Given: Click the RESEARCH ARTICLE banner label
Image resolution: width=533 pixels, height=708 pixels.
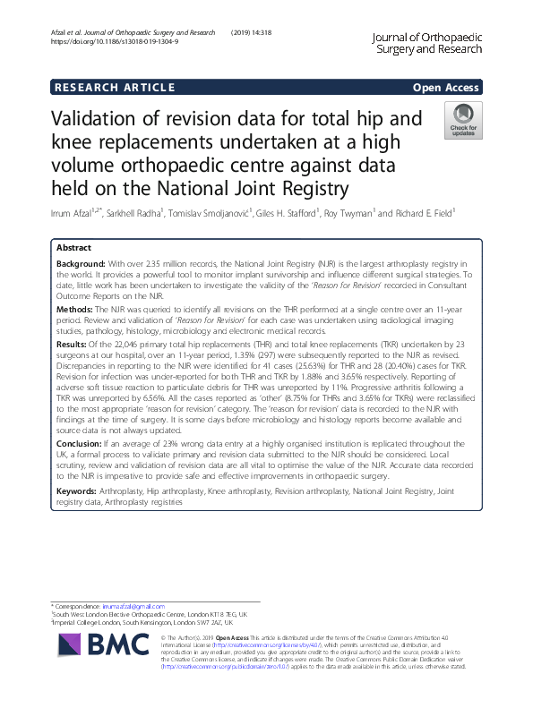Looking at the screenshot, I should pos(114,87).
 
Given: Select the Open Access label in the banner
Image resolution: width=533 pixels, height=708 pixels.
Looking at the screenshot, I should pos(446,87).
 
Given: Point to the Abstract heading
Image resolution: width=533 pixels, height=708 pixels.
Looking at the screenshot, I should pos(73,247).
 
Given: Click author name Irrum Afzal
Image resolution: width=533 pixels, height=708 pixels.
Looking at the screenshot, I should pos(76,211).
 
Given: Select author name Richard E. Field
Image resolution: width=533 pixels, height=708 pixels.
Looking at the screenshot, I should pos(420,211).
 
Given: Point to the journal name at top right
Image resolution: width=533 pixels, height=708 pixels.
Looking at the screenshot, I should pos(428,43).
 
